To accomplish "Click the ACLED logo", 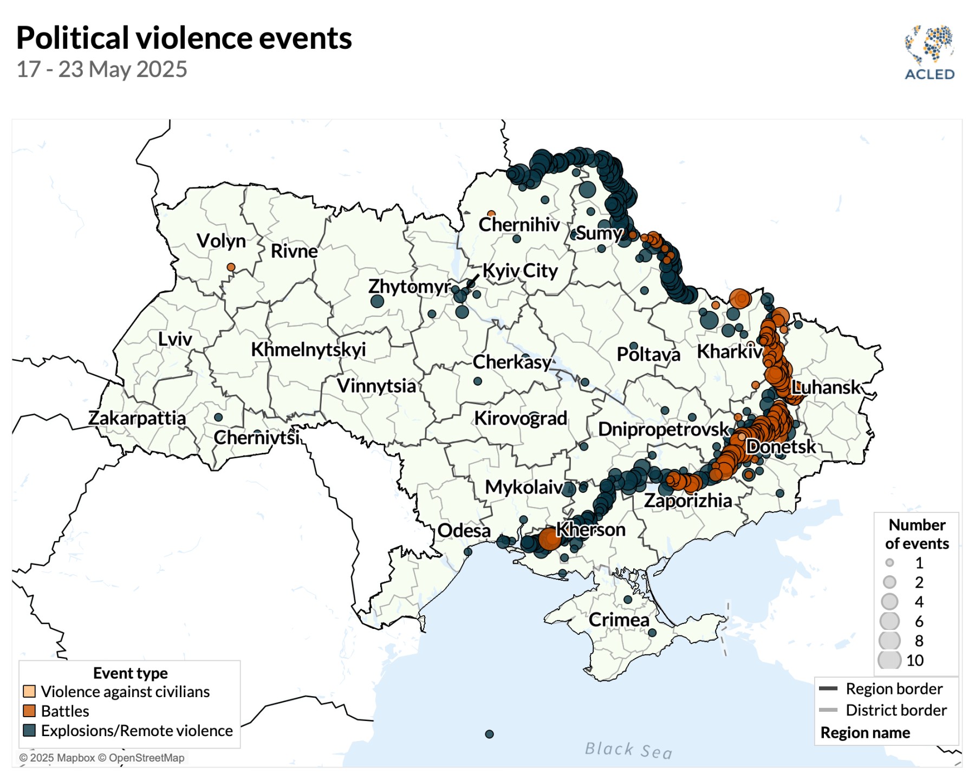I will pyautogui.click(x=929, y=53).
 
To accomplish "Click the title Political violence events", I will pyautogui.click(x=184, y=38).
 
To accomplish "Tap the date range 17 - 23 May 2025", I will pyautogui.click(x=102, y=69).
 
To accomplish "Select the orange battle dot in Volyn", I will pyautogui.click(x=231, y=267).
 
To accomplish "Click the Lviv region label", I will pyautogui.click(x=174, y=339).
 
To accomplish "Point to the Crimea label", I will pyautogui.click(x=618, y=620).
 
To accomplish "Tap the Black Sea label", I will pyautogui.click(x=628, y=750).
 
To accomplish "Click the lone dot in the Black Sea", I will pyautogui.click(x=489, y=734).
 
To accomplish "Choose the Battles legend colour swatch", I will pyautogui.click(x=29, y=711).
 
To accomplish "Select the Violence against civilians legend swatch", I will pyautogui.click(x=29, y=691).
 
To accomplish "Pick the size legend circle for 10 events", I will pyautogui.click(x=889, y=660).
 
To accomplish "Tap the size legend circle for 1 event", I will pyautogui.click(x=889, y=563).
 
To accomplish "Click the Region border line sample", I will pyautogui.click(x=828, y=688).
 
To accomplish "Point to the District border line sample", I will pyautogui.click(x=828, y=710).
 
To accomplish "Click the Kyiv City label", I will pyautogui.click(x=519, y=270).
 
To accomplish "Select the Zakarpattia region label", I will pyautogui.click(x=136, y=418).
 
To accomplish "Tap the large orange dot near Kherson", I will pyautogui.click(x=549, y=539).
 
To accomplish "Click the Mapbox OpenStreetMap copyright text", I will pyautogui.click(x=102, y=758).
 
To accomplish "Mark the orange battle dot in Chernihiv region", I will pyautogui.click(x=491, y=214).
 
